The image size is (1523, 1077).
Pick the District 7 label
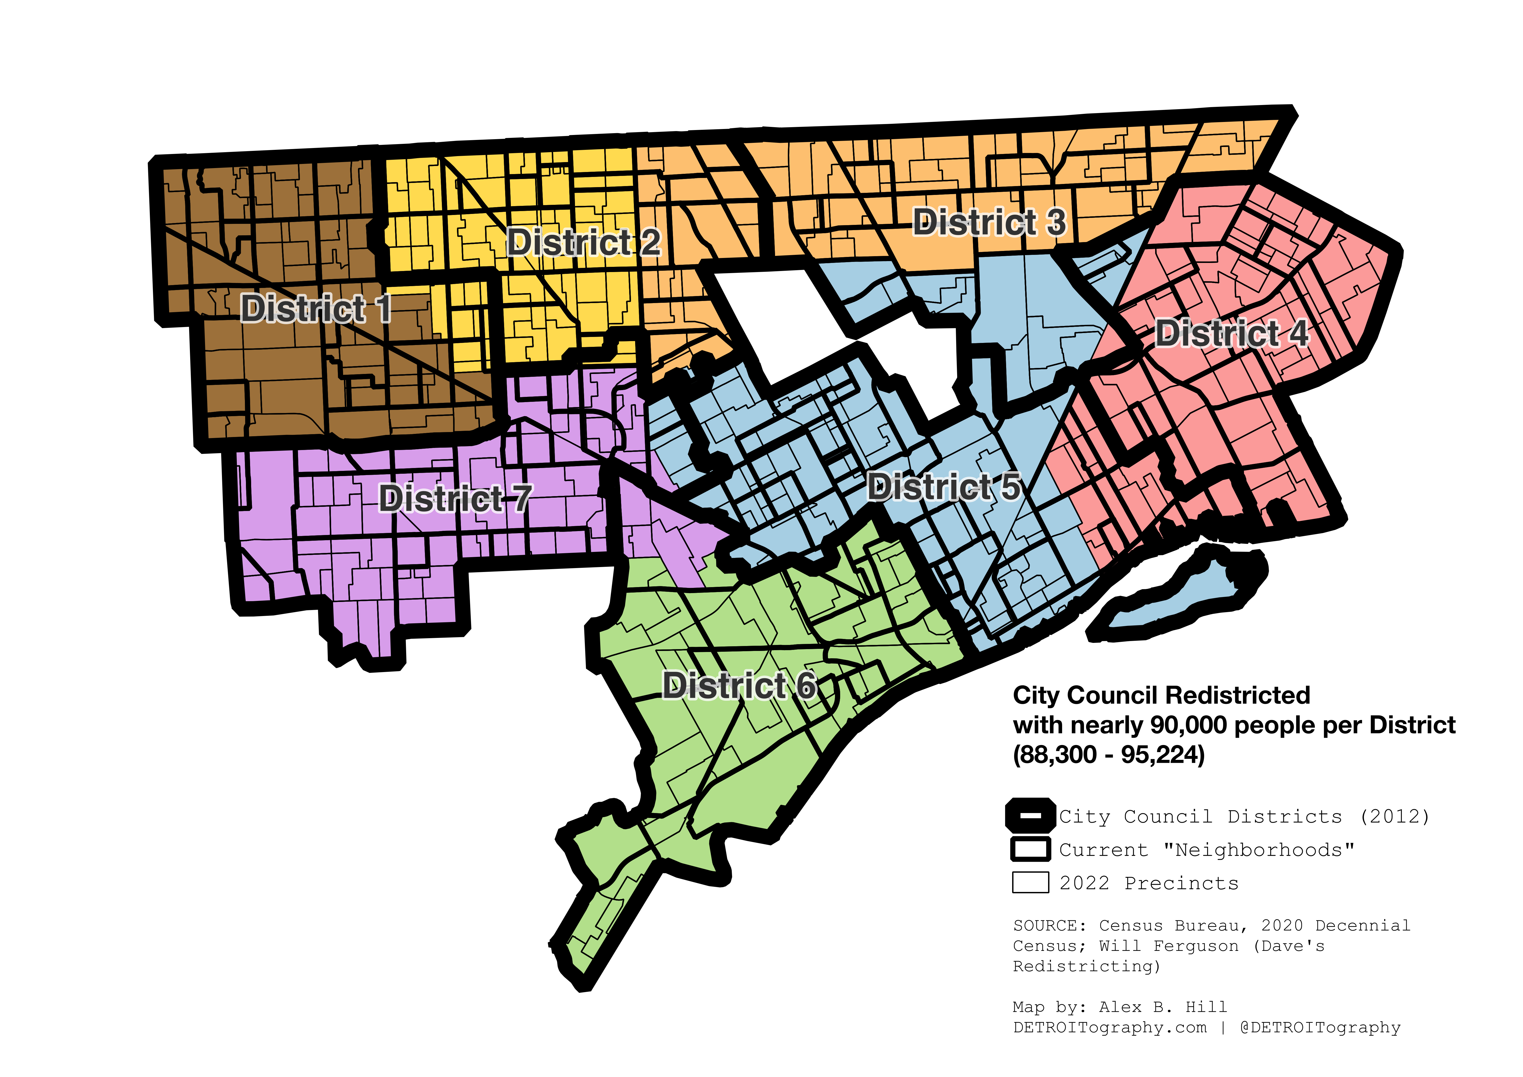coord(455,498)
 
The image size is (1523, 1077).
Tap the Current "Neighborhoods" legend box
coord(1030,850)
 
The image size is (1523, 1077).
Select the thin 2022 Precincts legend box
coord(1030,883)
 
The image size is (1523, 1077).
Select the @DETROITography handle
coord(1320,1028)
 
